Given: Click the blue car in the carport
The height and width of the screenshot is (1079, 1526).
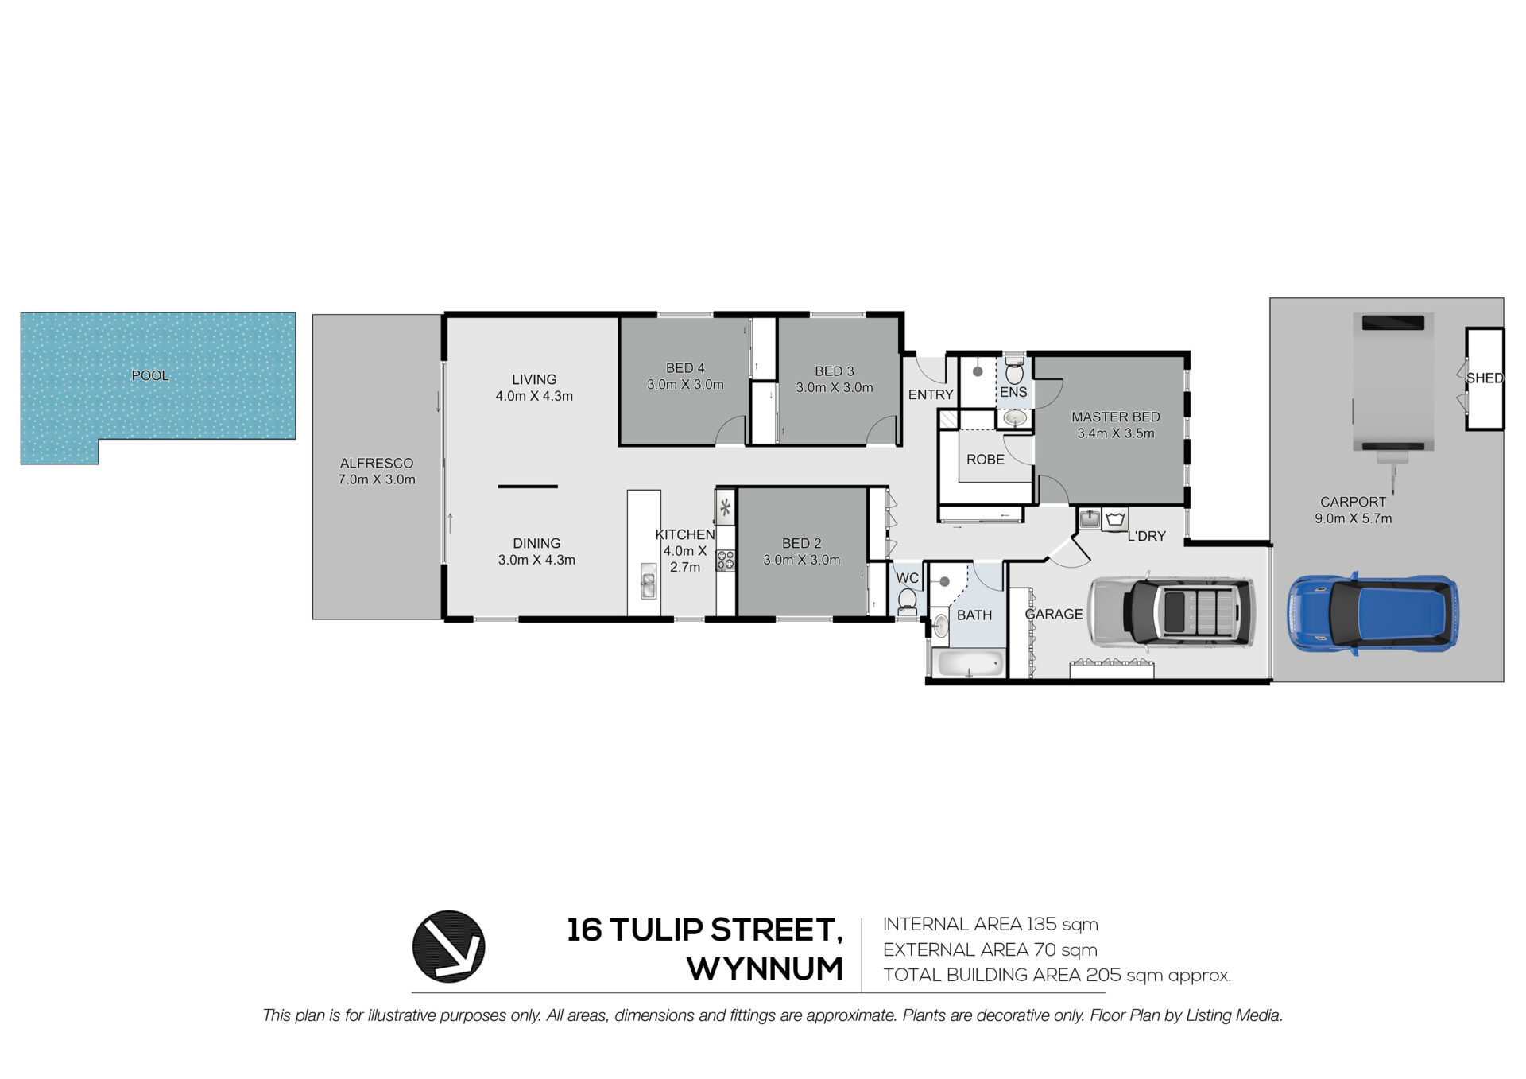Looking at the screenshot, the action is [x=1373, y=613].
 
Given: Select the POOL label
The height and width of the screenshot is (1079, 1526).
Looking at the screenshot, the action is [x=150, y=375].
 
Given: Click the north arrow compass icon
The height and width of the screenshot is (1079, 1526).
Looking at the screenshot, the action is [x=448, y=946].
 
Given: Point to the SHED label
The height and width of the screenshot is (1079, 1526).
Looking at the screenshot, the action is [x=1485, y=378].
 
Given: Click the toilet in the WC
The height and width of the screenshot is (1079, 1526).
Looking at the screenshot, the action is [x=907, y=602].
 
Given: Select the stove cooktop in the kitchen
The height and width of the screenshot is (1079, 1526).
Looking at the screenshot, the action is [x=725, y=560].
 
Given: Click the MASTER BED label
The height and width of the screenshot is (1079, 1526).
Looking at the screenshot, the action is [x=1115, y=417].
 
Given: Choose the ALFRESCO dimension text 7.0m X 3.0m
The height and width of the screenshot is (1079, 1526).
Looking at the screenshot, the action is [x=377, y=479].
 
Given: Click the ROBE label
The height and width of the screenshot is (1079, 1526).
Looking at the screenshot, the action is [x=986, y=460].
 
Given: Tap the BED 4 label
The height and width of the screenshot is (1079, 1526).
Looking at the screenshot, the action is [x=685, y=368].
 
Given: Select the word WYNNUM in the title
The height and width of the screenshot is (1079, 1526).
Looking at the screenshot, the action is [x=765, y=969].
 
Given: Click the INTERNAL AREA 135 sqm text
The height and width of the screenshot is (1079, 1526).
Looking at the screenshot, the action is [x=990, y=924].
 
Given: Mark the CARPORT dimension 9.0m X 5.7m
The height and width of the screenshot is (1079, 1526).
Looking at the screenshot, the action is [x=1354, y=518].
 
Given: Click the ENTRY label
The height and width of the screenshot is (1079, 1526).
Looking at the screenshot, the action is [x=931, y=394].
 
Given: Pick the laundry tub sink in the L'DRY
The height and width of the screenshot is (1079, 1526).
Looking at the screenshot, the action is [x=1090, y=519].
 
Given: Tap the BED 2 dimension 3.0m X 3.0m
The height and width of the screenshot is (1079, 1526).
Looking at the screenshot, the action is [x=801, y=560].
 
